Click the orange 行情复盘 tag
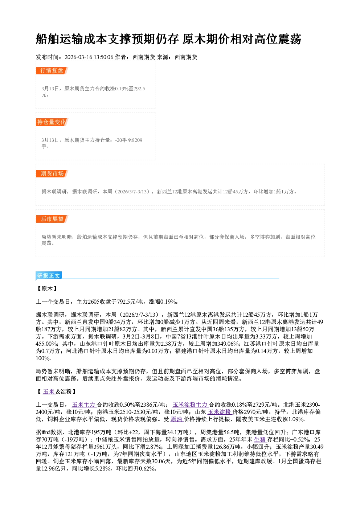[52, 70]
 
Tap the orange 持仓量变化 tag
[52, 122]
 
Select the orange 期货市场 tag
[52, 174]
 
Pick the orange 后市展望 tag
[52, 219]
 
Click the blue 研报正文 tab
[49, 275]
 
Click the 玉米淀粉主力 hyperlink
[191, 405]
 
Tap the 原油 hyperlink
[177, 419]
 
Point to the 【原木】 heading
[47, 288]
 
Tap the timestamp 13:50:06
[104, 57]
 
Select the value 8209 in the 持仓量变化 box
[137, 140]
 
